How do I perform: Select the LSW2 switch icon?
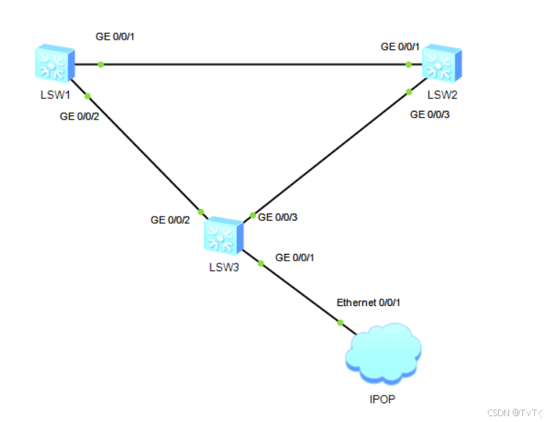[x=442, y=63]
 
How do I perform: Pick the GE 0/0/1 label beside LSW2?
[x=400, y=46]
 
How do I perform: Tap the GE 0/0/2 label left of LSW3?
[x=170, y=219]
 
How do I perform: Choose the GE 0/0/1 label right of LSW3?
[x=294, y=258]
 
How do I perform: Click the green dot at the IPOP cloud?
[x=340, y=322]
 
